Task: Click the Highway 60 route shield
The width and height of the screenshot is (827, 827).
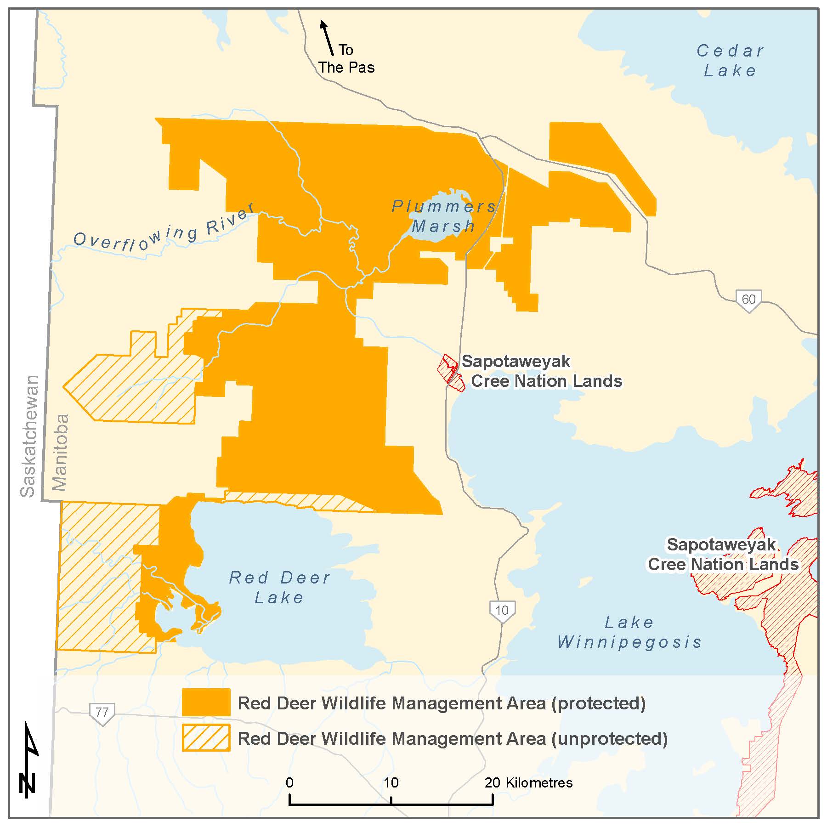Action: pos(748,300)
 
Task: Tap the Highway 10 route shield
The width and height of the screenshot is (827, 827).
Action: pos(502,611)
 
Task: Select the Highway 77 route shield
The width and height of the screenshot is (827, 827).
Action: pos(102,713)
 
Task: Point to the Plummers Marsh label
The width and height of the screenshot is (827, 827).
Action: pos(443,216)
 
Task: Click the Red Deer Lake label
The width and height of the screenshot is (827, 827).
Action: pos(279,587)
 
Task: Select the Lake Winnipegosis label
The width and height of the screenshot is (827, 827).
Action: pos(629,632)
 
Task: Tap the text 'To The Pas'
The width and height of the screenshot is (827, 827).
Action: pos(346,59)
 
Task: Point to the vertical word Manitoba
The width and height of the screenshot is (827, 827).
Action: pos(60,452)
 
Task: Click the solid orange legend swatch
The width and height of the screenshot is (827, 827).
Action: pos(206,702)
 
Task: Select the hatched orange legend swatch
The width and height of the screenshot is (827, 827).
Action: pos(206,738)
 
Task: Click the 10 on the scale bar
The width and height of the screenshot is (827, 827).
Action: pos(391,782)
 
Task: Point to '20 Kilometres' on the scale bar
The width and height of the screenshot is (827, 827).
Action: pos(528,782)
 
